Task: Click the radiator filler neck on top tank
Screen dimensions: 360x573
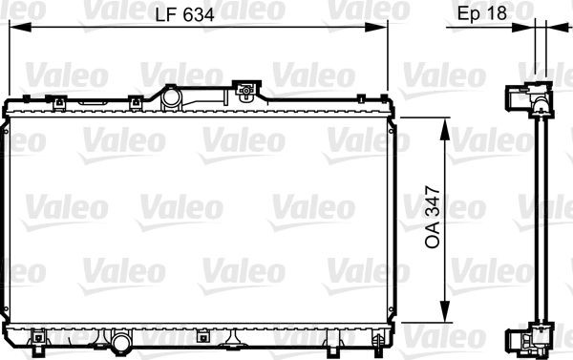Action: pyautogui.click(x=172, y=96)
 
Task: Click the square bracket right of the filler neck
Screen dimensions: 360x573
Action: pyautogui.click(x=247, y=93)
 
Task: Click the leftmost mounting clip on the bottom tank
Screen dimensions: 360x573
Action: pyautogui.click(x=39, y=336)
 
